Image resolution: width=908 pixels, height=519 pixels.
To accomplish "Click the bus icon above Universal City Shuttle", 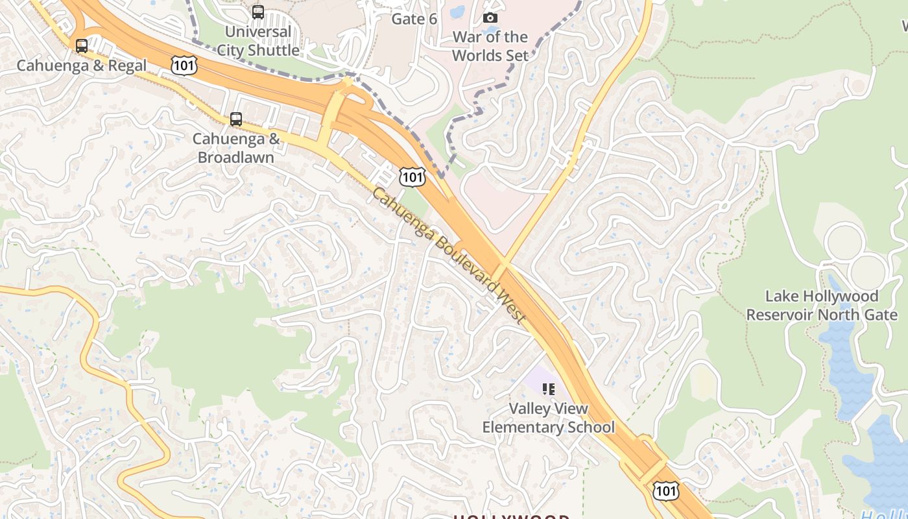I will pyautogui.click(x=258, y=12).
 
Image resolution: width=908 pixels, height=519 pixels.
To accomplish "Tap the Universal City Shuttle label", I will pyautogui.click(x=258, y=41).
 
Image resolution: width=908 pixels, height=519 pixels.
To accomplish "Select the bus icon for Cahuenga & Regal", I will pyautogui.click(x=82, y=46).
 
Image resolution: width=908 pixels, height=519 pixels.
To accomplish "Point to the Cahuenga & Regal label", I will pyautogui.click(x=82, y=66).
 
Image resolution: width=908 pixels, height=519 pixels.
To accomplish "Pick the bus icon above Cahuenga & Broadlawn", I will pyautogui.click(x=236, y=119).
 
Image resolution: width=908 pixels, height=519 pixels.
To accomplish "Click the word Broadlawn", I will pyautogui.click(x=236, y=158).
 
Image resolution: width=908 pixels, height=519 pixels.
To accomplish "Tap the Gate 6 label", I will pyautogui.click(x=414, y=19).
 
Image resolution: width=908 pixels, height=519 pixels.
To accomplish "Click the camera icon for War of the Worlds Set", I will pyautogui.click(x=490, y=18).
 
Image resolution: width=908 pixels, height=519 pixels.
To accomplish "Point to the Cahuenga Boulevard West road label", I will pyautogui.click(x=448, y=256).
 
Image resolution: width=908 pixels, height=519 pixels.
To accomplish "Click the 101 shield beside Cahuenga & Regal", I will pyautogui.click(x=184, y=65).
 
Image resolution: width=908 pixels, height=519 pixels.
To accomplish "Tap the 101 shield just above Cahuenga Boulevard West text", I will pyautogui.click(x=412, y=176).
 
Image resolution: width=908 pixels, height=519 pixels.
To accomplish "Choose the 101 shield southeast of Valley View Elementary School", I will pyautogui.click(x=666, y=490).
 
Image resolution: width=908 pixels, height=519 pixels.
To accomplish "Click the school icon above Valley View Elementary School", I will pyautogui.click(x=549, y=389).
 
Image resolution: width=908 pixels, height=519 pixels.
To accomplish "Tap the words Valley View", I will pyautogui.click(x=548, y=409).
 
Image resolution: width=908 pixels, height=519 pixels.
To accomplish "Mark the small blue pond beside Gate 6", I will pyautogui.click(x=457, y=11).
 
